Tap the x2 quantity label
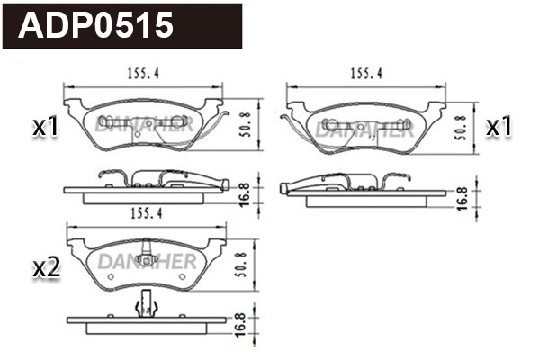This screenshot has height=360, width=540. pos(45,266)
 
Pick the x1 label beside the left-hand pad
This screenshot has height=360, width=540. pos(45,128)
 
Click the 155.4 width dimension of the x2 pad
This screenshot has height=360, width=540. pos(146,214)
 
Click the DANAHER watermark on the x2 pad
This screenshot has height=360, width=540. pos(144,262)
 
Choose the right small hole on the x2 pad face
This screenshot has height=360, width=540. pos(182,276)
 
